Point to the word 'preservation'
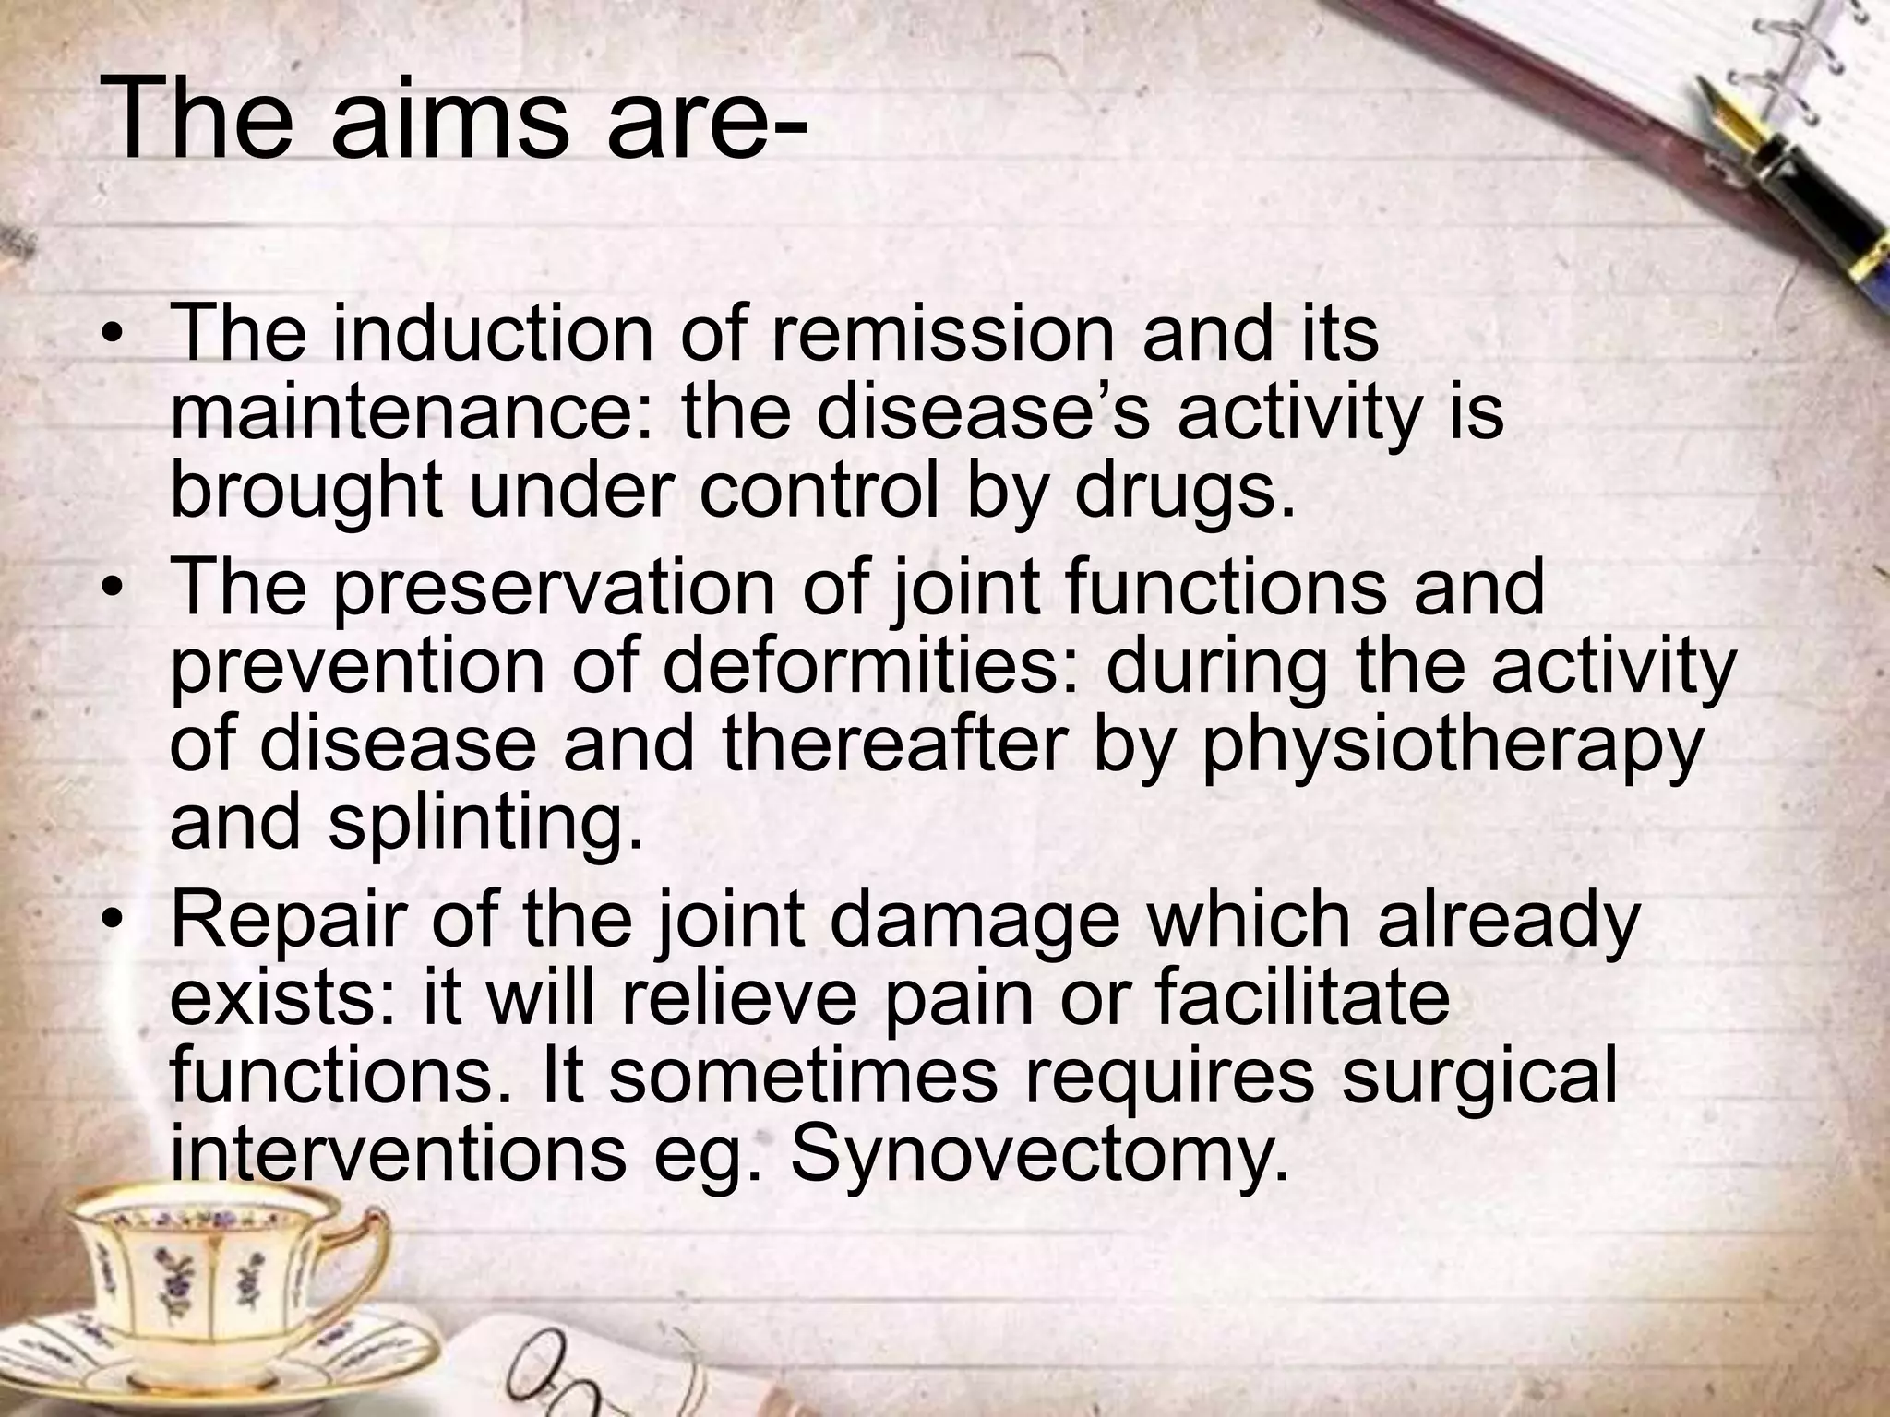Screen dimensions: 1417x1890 click(554, 587)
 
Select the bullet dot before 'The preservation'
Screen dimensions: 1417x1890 click(113, 588)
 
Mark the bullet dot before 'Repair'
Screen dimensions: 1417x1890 click(113, 920)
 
